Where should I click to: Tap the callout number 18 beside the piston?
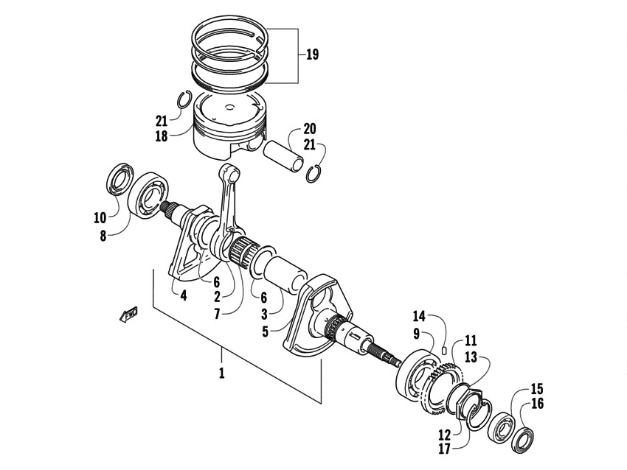162,136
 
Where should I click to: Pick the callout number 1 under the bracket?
221,373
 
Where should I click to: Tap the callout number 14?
418,316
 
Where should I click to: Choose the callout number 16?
537,403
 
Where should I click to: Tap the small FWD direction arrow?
130,315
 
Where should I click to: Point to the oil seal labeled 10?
117,181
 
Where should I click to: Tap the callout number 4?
183,295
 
